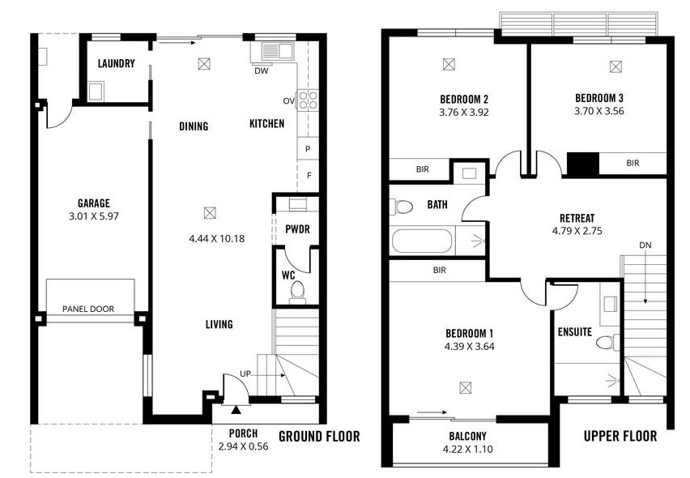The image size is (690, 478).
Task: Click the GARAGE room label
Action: [x=94, y=203]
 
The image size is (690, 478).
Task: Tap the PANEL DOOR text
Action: [x=88, y=309]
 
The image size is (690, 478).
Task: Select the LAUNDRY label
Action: [x=116, y=64]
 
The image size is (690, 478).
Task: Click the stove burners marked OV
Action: [x=308, y=100]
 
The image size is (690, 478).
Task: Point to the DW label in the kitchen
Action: [x=261, y=70]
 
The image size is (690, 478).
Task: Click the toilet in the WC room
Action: [x=296, y=290]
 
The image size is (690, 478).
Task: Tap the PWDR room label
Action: [x=297, y=229]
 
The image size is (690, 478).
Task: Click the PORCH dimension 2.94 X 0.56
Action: [x=243, y=446]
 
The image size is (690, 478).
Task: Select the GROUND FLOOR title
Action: [x=319, y=437]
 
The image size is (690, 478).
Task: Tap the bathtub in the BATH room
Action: [x=421, y=241]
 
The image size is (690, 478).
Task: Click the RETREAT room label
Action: [x=577, y=218]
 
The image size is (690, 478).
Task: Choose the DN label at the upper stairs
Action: [x=645, y=245]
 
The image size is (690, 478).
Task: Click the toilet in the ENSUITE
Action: [x=605, y=343]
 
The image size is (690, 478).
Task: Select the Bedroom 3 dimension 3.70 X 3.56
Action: [x=599, y=112]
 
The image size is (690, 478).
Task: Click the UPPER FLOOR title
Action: [x=620, y=437]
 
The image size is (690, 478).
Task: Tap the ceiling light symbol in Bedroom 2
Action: [x=449, y=64]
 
